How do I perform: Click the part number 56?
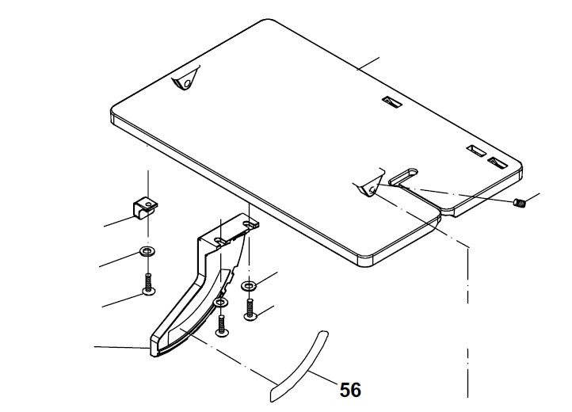click(x=350, y=390)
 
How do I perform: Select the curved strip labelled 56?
click(x=299, y=366)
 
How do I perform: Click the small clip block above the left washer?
click(x=145, y=208)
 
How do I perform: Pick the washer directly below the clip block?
click(x=147, y=251)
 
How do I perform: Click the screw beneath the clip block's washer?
click(x=148, y=284)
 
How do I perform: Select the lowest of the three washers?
click(x=220, y=303)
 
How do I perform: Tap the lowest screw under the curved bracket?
click(x=222, y=326)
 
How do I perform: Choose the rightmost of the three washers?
click(x=249, y=286)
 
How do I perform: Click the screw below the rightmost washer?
click(x=250, y=310)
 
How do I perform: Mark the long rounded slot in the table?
click(x=403, y=176)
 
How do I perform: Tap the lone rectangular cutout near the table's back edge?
click(x=392, y=102)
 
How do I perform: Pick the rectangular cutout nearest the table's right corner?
click(x=498, y=162)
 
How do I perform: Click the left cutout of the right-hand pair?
click(x=477, y=151)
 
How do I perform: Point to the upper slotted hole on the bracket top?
click(x=249, y=223)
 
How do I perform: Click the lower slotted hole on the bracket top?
click(x=220, y=240)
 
